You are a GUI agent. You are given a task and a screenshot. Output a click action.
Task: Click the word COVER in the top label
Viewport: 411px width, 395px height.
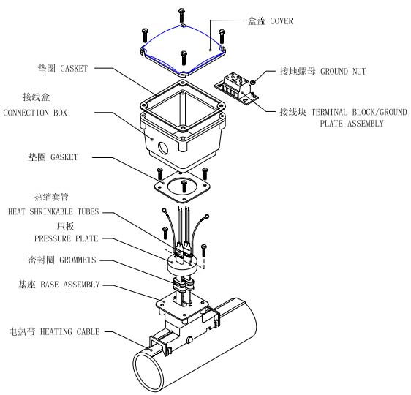(280, 21)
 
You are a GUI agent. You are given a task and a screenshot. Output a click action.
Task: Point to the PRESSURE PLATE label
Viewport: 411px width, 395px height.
(66, 238)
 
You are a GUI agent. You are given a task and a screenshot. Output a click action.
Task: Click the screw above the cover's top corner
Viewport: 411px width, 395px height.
(181, 15)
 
